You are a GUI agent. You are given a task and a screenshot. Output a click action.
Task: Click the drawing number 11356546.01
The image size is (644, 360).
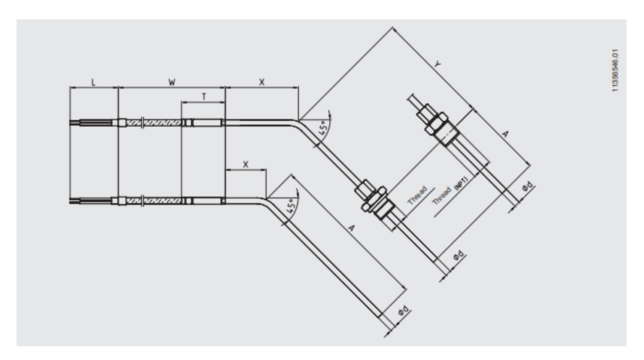615,70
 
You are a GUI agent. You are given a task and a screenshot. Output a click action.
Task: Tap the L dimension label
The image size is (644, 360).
93,82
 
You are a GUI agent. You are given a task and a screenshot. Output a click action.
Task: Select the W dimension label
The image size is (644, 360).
172,82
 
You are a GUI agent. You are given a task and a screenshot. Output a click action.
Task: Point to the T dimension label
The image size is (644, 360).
204,97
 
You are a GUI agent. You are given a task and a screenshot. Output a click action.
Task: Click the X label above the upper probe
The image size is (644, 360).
261,82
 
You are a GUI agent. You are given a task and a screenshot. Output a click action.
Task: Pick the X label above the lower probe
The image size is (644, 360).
245,165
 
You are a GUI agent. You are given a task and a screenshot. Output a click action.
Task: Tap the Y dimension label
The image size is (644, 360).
437,64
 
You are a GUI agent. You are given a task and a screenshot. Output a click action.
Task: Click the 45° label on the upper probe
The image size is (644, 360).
323,128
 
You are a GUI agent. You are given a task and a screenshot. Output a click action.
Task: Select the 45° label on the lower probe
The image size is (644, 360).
291,206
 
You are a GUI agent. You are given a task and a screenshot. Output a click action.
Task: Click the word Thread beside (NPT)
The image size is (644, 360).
442,196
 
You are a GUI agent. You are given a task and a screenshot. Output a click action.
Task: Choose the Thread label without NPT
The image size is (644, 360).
417,196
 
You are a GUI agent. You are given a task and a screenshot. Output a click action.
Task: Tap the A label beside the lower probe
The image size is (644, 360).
351,228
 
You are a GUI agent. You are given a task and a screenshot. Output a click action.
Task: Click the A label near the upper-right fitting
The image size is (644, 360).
505,134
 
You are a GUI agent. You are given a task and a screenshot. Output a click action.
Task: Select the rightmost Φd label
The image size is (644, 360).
528,186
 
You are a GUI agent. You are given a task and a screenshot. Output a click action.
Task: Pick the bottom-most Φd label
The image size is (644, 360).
404,311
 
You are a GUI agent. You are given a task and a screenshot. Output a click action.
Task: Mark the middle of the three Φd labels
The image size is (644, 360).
459,255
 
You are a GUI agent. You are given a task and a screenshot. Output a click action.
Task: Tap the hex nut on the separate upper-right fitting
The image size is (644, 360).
437,124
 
